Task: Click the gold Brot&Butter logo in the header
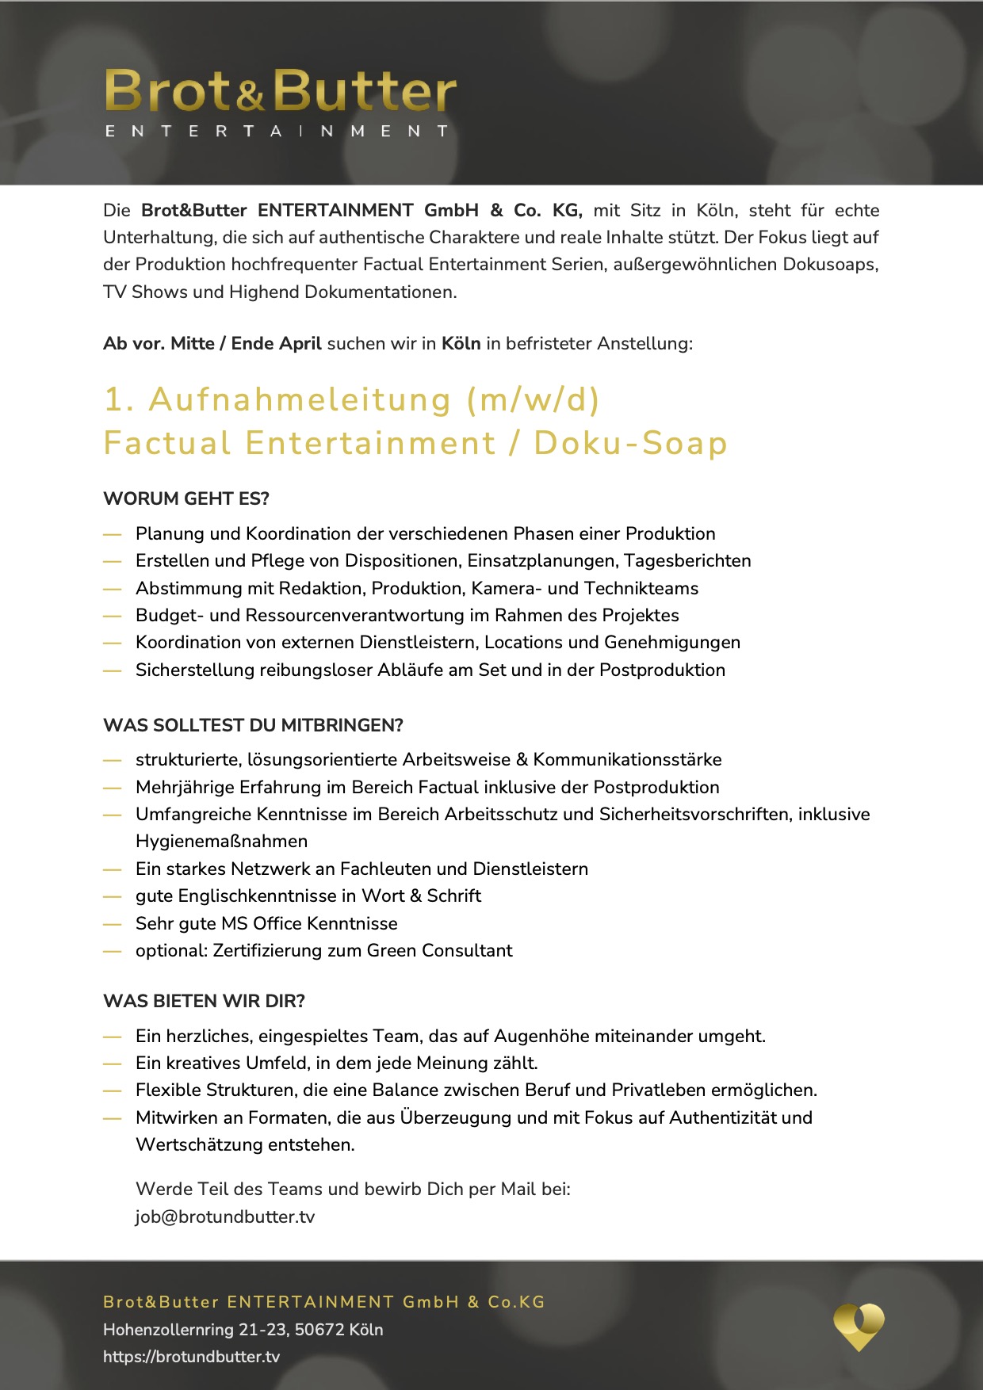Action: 280,91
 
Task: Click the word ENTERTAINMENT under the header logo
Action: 277,132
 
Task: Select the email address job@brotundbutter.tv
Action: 224,1216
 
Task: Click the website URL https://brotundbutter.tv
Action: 191,1357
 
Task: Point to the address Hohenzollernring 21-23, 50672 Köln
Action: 243,1330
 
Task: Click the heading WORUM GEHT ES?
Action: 186,498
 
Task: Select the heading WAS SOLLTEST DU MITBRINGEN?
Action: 253,725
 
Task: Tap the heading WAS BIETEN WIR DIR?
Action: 204,1001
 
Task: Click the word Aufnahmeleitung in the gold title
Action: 300,399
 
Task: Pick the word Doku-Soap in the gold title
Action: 630,443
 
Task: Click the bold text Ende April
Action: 276,343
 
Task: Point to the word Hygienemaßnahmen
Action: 221,842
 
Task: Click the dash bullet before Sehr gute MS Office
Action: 112,924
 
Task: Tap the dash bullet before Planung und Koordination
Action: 112,534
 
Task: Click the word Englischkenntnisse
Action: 257,896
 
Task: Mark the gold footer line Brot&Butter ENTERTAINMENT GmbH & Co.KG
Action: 323,1302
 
